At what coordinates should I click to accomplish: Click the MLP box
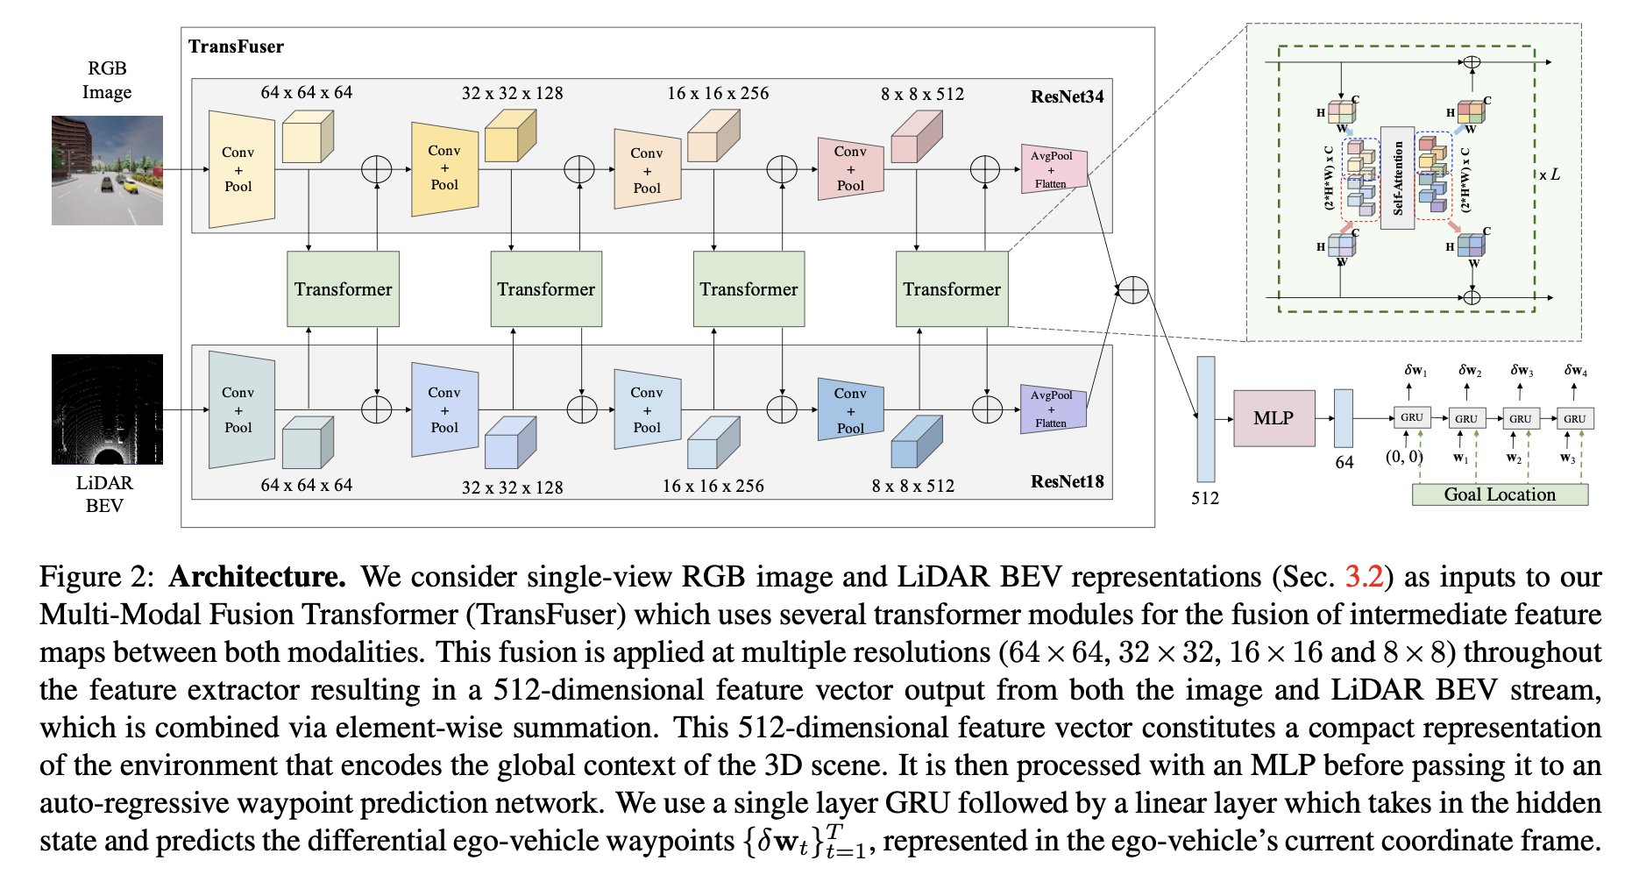coord(1273,418)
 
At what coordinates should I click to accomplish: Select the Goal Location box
coord(1499,494)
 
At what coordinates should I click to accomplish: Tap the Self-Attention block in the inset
coord(1397,178)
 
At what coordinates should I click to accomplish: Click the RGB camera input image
coord(107,170)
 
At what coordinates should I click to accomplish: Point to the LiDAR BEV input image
coord(107,409)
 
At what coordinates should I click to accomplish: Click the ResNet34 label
coord(1067,97)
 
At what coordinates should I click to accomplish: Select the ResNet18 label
coord(1067,481)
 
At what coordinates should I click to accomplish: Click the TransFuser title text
coord(236,46)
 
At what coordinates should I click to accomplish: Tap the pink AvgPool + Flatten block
coord(1053,169)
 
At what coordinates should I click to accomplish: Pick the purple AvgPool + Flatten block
coord(1053,409)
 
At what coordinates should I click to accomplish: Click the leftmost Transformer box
coord(343,289)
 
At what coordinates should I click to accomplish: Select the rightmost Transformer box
coord(952,289)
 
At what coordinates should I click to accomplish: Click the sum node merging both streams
coord(1133,289)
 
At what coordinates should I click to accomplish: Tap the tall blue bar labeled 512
coord(1205,419)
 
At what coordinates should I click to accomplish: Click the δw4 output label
coord(1575,371)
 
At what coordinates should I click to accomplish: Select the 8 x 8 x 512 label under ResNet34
coord(922,94)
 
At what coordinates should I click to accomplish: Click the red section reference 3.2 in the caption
coord(1363,577)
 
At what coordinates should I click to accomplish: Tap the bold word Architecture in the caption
coord(257,577)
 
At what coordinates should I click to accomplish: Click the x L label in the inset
coord(1550,174)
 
